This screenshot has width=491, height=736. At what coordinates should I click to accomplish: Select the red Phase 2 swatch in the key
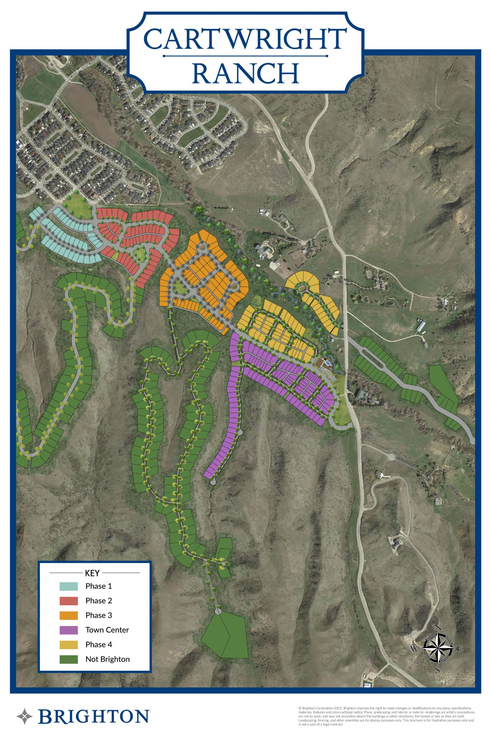pos(68,601)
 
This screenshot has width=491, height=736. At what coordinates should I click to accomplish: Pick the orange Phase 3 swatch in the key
pos(68,615)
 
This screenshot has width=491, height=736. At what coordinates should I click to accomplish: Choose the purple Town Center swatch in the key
pos(68,630)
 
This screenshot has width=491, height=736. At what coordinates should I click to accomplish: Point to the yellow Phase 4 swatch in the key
pos(68,645)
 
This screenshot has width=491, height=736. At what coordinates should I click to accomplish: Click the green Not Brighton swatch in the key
pos(68,659)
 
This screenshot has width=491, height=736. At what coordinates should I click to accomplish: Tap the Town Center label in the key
pos(107,630)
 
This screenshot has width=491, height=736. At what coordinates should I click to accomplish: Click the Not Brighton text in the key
pos(107,659)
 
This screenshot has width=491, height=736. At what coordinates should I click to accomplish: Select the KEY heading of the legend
pos(92,573)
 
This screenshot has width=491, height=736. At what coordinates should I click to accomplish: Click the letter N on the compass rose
pos(438,627)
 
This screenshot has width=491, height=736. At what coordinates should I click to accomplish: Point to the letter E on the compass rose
pos(460,649)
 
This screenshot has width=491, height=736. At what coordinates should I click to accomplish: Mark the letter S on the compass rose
pos(438,670)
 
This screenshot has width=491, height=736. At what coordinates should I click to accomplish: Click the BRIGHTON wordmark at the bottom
pos(93,717)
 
